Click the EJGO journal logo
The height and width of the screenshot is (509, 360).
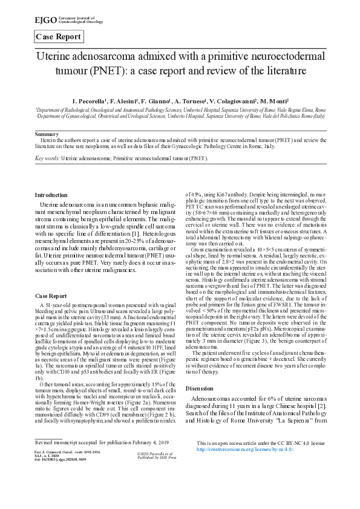59,21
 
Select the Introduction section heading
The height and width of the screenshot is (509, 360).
51,195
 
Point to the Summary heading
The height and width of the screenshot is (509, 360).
47,133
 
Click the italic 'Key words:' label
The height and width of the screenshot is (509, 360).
47,157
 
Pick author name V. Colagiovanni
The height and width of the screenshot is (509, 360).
233,101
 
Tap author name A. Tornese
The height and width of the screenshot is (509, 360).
188,101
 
